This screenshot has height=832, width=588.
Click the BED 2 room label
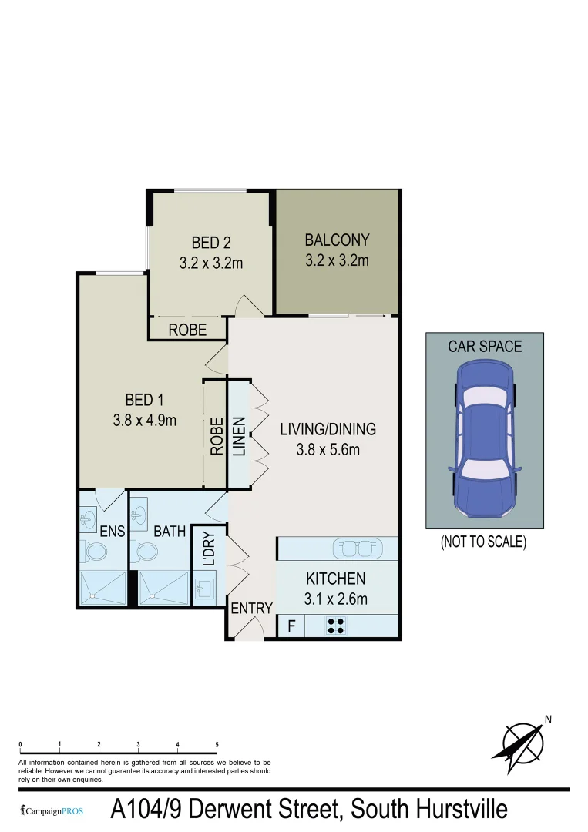(210, 243)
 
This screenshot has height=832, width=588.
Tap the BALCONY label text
(337, 240)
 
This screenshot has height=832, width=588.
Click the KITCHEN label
(335, 579)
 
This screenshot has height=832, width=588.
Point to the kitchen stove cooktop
(336, 626)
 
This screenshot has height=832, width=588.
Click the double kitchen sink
(357, 548)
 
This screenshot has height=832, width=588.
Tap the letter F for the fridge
(291, 626)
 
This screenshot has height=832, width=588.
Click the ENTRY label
(252, 609)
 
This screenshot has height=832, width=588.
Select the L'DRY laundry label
(209, 552)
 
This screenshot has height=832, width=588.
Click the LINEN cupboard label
(239, 437)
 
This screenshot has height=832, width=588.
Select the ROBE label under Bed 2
(188, 330)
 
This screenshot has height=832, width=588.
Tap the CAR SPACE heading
(485, 347)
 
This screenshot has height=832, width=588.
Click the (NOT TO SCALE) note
(483, 542)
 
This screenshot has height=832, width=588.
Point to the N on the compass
(548, 720)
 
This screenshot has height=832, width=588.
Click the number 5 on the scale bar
(217, 745)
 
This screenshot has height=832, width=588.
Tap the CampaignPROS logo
(52, 810)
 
